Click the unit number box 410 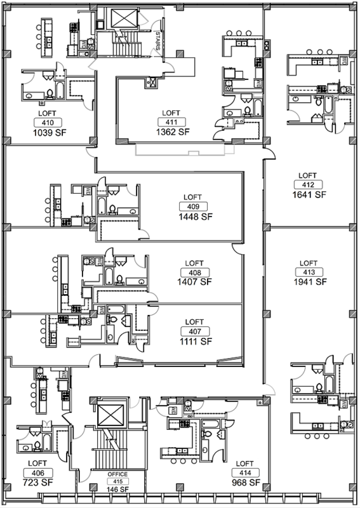48,123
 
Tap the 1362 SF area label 173,132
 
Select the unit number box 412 308,185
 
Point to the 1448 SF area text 196,217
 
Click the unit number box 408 195,273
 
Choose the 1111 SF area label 196,341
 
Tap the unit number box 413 309,272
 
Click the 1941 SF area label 310,282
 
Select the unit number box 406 38,473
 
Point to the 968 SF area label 246,483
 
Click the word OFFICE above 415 117,474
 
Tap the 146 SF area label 117,489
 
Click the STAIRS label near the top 158,41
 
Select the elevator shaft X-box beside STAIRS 124,18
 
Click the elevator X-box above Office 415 110,415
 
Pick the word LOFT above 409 192,197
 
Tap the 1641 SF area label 309,194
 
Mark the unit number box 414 245,473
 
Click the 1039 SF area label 50,133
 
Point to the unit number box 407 195,331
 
